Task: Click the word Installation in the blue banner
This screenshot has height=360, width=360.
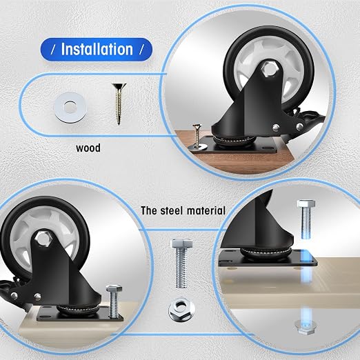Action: pos(97,49)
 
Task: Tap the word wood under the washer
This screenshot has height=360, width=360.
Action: pos(88,148)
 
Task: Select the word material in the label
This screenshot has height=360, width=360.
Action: pos(206,210)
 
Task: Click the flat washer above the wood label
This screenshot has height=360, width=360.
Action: pos(70,108)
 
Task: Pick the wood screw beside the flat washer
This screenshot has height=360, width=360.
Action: pos(119,104)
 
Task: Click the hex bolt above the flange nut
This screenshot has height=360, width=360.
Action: pos(181,263)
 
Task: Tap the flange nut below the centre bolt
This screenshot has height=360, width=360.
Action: pos(181,310)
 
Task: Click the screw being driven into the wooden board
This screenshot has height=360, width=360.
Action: pos(197,136)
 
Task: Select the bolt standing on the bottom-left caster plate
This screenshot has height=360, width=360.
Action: pos(114,301)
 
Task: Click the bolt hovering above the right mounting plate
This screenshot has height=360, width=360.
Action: pos(306,219)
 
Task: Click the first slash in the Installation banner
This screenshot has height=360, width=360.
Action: pos(53,50)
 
